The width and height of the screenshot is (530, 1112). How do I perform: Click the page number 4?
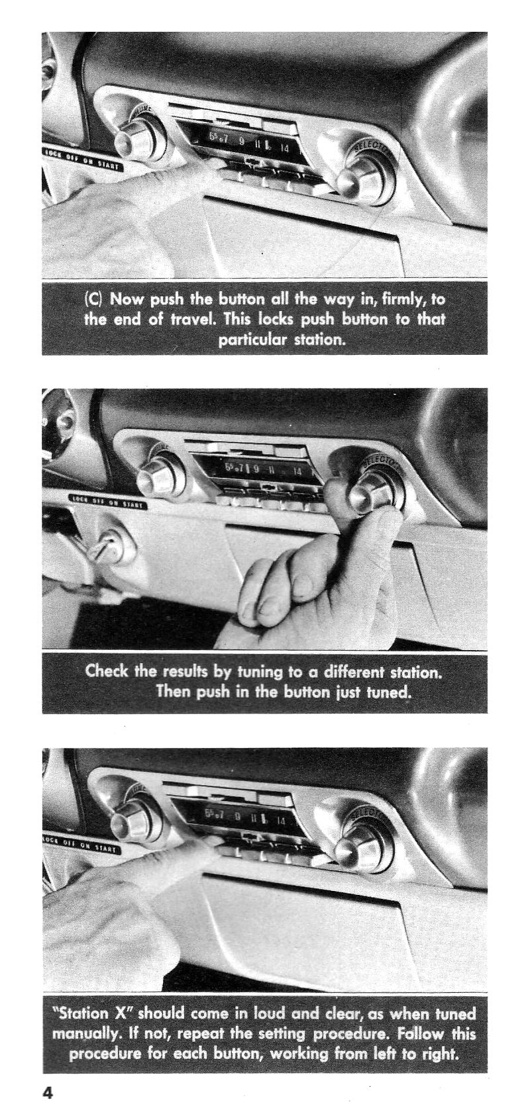coord(48,1093)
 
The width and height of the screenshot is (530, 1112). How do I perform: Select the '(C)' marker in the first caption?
coord(94,299)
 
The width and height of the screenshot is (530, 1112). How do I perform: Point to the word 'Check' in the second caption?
coord(108,672)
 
